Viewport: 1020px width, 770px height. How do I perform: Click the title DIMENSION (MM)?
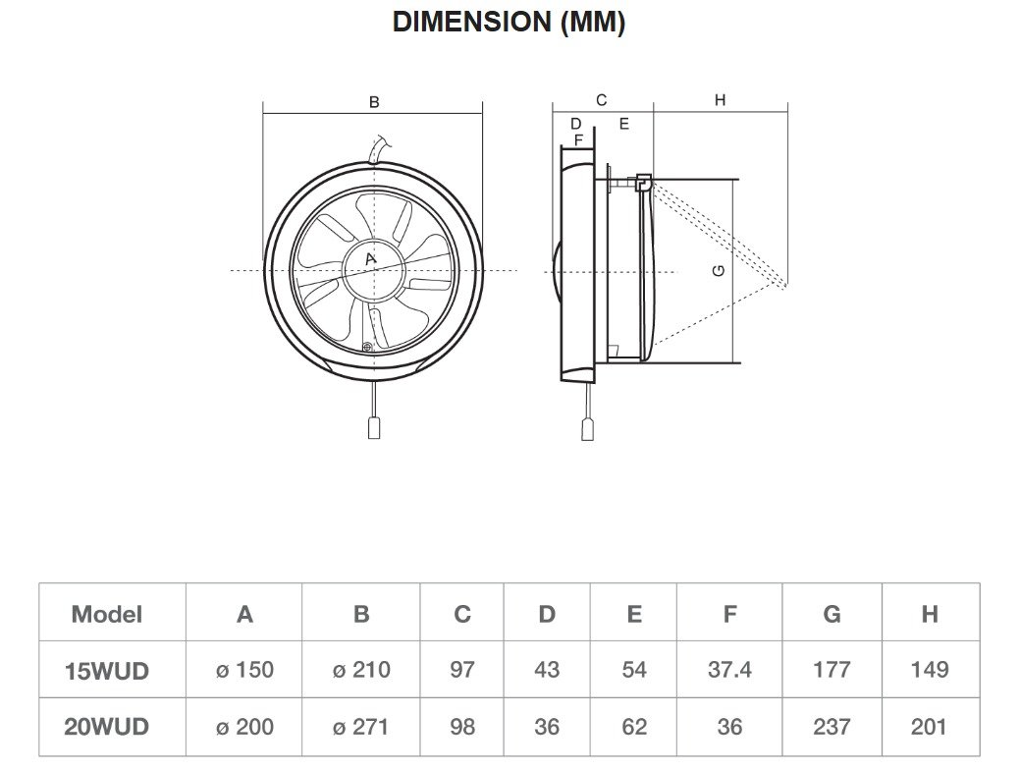pos(509,23)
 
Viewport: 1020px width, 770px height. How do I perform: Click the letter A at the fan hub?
pos(370,259)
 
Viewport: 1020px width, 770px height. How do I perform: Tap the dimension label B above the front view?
pos(373,102)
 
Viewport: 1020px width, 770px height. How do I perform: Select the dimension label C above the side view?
pos(602,100)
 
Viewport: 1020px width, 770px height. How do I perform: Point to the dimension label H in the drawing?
pos(720,100)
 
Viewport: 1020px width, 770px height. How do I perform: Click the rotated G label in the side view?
pos(720,269)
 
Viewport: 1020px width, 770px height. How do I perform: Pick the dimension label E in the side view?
pos(622,124)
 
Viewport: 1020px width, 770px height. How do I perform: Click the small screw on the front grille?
pos(368,346)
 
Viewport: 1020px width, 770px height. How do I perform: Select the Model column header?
pos(106,615)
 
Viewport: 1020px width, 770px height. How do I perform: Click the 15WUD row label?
pos(106,671)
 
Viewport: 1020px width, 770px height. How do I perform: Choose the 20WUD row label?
pos(106,728)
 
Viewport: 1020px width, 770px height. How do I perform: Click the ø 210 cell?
pos(360,671)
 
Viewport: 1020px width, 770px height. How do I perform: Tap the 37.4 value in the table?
pos(729,671)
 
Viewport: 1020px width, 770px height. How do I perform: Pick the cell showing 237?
pos(832,728)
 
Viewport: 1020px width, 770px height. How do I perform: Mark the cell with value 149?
pos(929,671)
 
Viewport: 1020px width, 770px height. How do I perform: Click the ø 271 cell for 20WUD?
pos(360,728)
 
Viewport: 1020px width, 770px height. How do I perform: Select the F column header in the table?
pos(729,615)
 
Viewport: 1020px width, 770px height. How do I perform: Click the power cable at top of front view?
pos(376,148)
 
